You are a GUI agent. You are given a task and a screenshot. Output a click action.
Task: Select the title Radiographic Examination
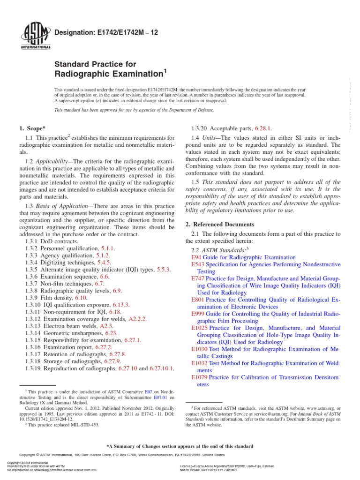[x=109, y=74]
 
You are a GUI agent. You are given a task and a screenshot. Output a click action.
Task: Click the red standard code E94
[x=196, y=257]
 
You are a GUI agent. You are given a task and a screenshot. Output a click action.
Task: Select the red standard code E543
[x=198, y=265]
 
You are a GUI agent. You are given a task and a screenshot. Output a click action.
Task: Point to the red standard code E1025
[x=200, y=328]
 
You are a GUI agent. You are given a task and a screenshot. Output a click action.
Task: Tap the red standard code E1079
[x=200, y=377]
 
